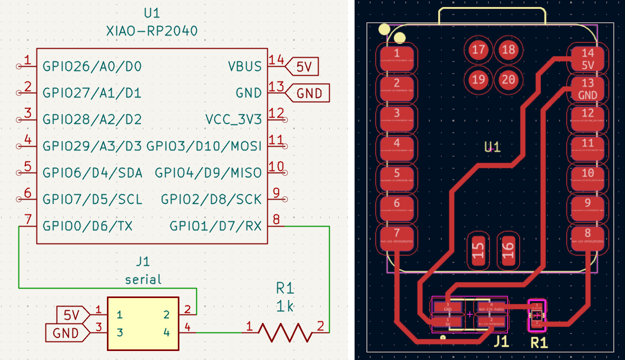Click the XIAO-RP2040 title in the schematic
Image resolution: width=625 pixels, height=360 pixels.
[152, 31]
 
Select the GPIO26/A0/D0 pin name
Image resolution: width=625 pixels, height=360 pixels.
[92, 67]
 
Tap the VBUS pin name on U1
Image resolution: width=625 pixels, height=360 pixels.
[244, 67]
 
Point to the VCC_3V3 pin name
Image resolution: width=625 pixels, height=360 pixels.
[233, 120]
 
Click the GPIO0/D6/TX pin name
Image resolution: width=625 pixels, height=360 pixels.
[87, 227]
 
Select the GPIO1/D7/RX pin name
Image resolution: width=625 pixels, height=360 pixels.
[215, 227]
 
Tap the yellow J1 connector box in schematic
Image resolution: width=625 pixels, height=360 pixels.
[143, 323]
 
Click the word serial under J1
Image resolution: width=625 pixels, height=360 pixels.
[143, 279]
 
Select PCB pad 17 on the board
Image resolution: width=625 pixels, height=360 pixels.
[478, 50]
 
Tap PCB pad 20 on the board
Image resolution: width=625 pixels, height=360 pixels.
[508, 80]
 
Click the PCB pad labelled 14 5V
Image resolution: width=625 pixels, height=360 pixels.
[587, 59]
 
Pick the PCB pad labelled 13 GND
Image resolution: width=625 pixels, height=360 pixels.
[587, 89]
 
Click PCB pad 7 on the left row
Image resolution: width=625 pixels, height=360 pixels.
[396, 237]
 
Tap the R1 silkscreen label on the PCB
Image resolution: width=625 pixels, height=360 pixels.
[539, 343]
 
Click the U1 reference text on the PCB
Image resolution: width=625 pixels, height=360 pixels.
[493, 147]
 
